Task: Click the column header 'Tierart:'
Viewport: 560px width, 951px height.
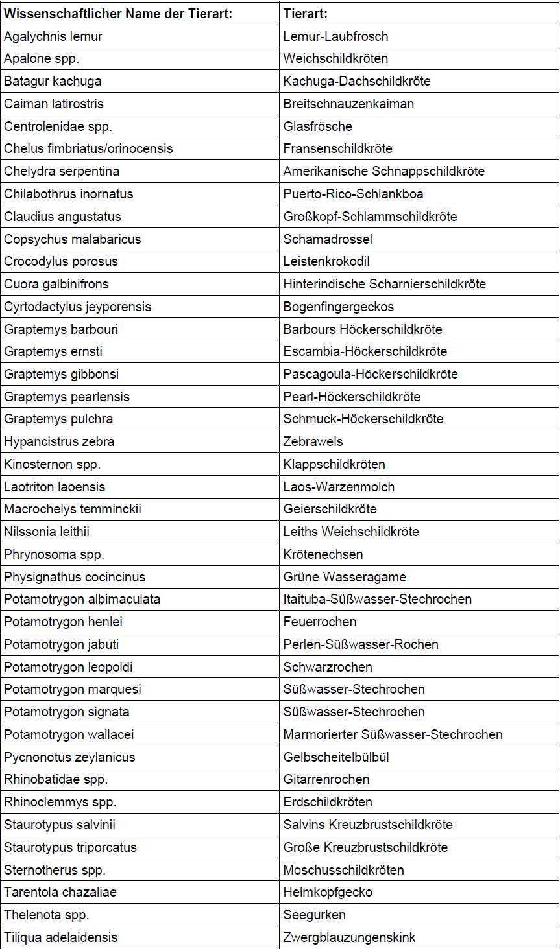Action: pyautogui.click(x=306, y=14)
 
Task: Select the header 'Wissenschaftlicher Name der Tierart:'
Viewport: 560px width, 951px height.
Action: pyautogui.click(x=118, y=14)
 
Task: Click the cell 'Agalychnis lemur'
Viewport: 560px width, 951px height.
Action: pyautogui.click(x=53, y=36)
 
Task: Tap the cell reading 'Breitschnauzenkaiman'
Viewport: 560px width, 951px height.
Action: pyautogui.click(x=348, y=104)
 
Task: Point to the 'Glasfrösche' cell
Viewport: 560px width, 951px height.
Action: pyautogui.click(x=318, y=126)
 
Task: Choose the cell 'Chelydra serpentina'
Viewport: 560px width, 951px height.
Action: pyautogui.click(x=62, y=171)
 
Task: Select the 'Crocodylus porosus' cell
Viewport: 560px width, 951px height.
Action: pyautogui.click(x=61, y=261)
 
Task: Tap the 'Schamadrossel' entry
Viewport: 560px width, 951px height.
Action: pyautogui.click(x=328, y=239)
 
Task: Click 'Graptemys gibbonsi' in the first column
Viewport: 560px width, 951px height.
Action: pyautogui.click(x=61, y=374)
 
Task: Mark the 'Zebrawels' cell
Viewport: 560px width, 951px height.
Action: pyautogui.click(x=313, y=441)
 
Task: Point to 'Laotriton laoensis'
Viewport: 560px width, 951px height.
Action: pyautogui.click(x=55, y=487)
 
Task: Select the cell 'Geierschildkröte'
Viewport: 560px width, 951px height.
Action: pyautogui.click(x=330, y=509)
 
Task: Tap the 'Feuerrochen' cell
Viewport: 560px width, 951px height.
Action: pyautogui.click(x=320, y=622)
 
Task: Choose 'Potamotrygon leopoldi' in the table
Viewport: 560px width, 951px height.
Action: pyautogui.click(x=68, y=667)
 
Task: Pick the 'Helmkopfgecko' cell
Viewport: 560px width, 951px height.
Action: pyautogui.click(x=328, y=892)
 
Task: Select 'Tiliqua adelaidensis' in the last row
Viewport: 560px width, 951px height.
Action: pyautogui.click(x=61, y=937)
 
